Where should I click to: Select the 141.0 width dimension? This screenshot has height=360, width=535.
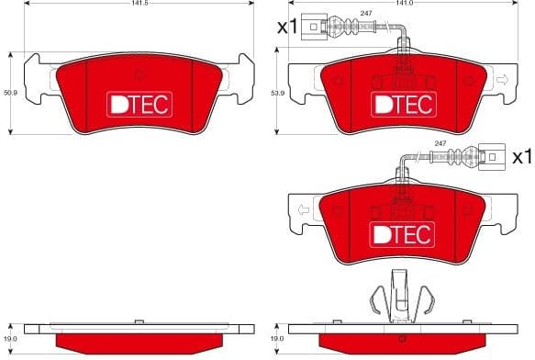[x=402, y=5]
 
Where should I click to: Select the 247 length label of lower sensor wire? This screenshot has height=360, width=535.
[x=440, y=144]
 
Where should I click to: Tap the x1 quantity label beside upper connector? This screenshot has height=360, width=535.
[x=287, y=27]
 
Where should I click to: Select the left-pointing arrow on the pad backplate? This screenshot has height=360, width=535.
[x=299, y=212]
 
